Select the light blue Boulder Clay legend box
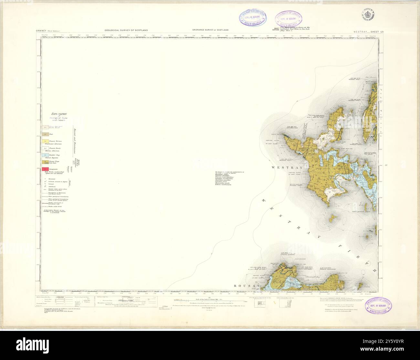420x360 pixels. pos(45,155)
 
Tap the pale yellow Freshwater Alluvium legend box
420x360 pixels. pos(45,141)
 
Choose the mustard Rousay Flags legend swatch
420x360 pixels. pos(45,161)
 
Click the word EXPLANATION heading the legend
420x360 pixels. pos(59,114)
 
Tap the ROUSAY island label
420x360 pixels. pos(247,286)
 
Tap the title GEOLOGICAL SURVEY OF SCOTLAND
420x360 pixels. pos(126,30)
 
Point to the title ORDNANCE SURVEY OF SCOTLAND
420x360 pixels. pos(210,30)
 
